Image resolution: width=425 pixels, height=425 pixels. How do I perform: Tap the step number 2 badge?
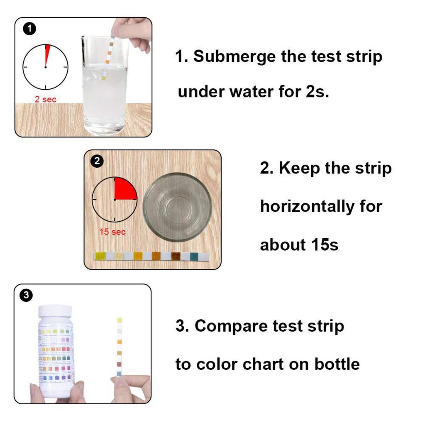(x=97, y=161)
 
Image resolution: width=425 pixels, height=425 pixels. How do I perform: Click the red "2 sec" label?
(x=46, y=100)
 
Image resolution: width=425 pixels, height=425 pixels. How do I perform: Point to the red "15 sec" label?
(x=112, y=232)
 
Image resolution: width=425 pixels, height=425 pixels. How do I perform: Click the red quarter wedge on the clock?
(x=124, y=189)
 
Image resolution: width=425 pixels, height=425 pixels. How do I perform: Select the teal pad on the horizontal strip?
(x=193, y=256)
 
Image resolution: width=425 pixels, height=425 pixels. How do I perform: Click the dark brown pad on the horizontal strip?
(x=175, y=256)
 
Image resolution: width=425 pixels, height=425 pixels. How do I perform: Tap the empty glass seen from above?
(x=177, y=206)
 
